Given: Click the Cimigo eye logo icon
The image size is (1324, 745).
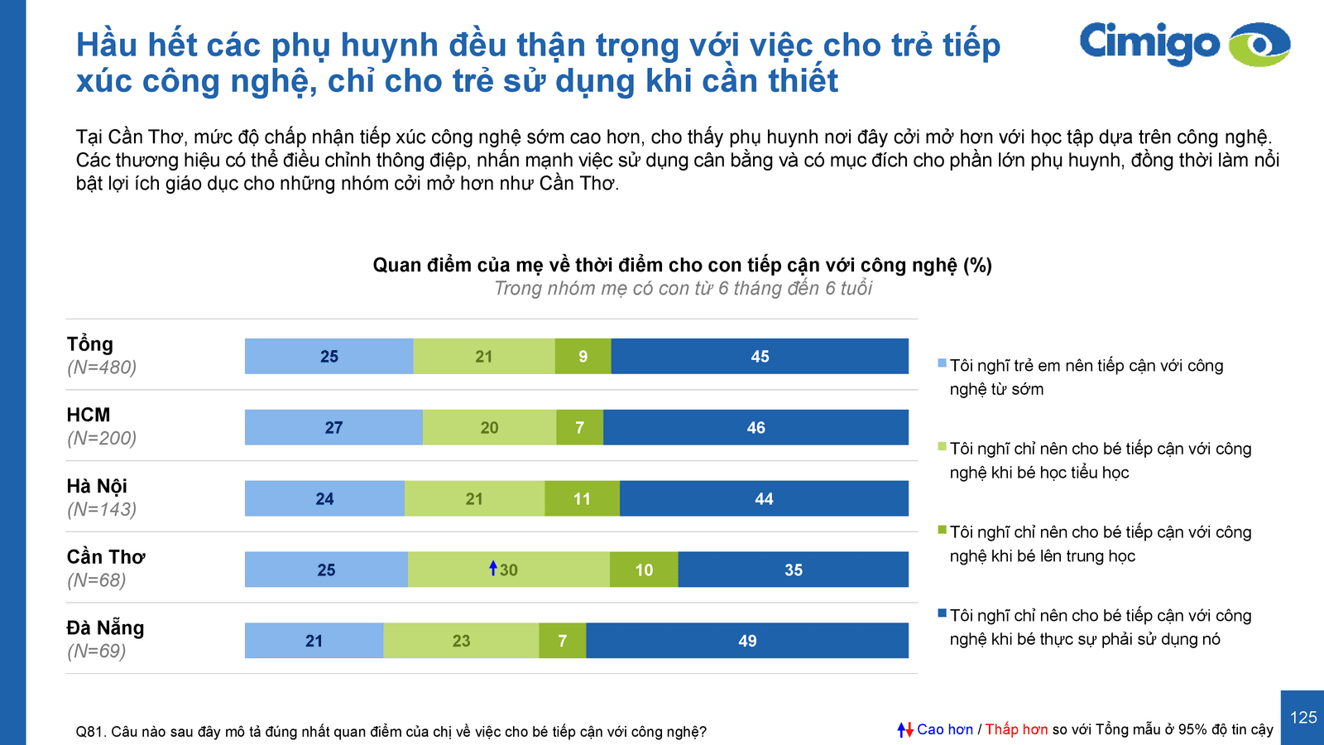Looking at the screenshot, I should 1259,44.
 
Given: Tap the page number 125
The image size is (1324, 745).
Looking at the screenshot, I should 1303,718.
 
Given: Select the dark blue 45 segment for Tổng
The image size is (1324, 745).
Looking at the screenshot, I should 760,357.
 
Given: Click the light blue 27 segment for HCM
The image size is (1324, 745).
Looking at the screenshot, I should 333,428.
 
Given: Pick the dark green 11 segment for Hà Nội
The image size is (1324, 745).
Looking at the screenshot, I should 582,499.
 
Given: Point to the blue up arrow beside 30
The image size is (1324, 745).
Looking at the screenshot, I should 493,568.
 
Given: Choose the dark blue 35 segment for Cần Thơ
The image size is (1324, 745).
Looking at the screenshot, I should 793,570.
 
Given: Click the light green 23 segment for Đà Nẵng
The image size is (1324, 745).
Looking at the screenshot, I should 461,642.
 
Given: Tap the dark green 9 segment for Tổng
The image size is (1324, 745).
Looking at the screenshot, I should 583,357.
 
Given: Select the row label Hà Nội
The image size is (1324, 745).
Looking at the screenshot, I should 97,486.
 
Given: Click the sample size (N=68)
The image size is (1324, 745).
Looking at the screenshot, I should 96,580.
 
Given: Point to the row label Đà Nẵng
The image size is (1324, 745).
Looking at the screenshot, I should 105,628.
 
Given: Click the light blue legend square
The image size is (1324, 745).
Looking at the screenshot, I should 942,363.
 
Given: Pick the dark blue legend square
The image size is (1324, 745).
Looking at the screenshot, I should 942,613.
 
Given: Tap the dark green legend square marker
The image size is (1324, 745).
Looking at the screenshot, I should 942,530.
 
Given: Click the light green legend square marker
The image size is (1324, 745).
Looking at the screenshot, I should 942,447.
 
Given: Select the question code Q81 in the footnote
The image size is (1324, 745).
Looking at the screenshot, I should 89,732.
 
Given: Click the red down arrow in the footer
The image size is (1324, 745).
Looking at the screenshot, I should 909,730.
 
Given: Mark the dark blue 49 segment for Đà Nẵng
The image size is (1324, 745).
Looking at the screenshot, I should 747,642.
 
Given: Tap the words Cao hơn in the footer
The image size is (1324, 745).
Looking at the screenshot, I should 945,729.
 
